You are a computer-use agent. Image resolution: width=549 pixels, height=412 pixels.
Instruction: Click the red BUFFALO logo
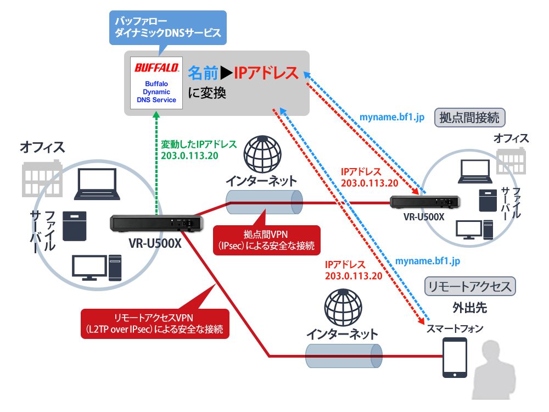156,68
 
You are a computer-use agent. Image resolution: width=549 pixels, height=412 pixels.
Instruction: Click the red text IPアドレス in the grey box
266,73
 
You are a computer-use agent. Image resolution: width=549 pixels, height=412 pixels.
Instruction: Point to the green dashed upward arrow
156,165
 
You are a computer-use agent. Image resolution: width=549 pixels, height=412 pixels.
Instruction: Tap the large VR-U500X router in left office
156,223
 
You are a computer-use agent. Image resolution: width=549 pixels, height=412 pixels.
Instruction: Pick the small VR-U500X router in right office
424,202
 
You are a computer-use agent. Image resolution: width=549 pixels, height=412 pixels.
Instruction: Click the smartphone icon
455,358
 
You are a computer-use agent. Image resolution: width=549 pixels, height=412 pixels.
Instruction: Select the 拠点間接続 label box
470,118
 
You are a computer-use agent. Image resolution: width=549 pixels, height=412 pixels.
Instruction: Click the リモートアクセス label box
470,286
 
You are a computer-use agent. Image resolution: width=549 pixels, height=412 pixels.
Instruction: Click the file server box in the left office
75,226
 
